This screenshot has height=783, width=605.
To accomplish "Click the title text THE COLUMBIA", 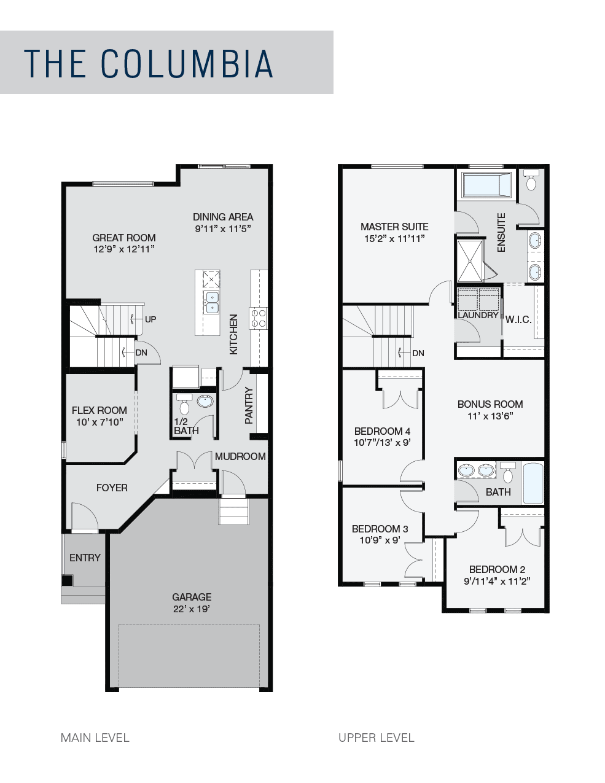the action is [149, 64].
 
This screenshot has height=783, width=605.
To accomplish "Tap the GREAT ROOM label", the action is [124, 238].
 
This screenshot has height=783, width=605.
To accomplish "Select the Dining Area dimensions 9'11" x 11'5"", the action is [223, 229].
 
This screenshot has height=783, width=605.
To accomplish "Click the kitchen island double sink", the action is [212, 303].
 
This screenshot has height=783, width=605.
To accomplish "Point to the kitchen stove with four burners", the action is [258, 319].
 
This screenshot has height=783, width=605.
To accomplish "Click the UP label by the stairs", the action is [150, 319].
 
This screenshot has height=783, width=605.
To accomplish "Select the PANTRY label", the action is [249, 405].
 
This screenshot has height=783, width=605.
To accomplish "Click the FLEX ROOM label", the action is [100, 410].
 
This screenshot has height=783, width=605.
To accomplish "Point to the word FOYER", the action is [112, 488].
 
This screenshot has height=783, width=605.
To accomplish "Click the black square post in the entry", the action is [67, 580].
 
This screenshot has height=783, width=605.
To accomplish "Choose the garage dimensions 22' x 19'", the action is [192, 609].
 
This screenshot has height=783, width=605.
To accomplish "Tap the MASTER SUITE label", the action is [394, 227].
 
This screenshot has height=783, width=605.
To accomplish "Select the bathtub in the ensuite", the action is [487, 185].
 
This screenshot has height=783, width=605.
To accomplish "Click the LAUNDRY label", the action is [478, 315].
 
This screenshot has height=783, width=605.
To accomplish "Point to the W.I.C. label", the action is [518, 319].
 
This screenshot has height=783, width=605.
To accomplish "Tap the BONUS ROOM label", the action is [490, 404].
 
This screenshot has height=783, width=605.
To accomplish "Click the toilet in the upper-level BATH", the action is [508, 472].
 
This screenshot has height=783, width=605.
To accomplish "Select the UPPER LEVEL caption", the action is [376, 738].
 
